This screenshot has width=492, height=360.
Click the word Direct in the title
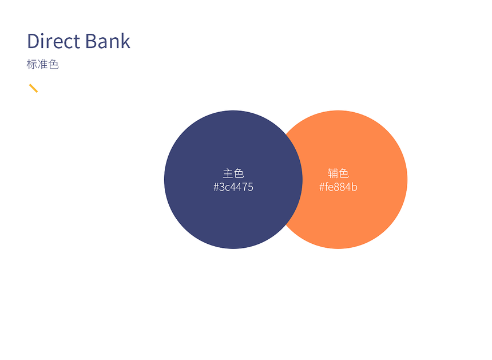pyautogui.click(x=54, y=41)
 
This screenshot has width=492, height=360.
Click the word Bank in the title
pyautogui.click(x=108, y=41)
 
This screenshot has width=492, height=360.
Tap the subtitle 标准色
pyautogui.click(x=43, y=64)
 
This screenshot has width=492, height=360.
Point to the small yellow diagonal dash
pyautogui.click(x=33, y=88)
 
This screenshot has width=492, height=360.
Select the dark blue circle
pyautogui.click(x=233, y=180)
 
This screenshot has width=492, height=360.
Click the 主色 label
pyautogui.click(x=233, y=173)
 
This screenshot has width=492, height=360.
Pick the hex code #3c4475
pyautogui.click(x=233, y=187)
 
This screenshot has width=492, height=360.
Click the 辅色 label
pyautogui.click(x=338, y=173)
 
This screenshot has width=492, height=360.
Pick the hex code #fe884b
pyautogui.click(x=338, y=187)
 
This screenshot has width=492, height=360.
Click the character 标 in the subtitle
pyautogui.click(x=31, y=64)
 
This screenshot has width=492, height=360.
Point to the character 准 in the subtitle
pyautogui.click(x=43, y=64)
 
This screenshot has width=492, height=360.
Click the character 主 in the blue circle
pyautogui.click(x=228, y=173)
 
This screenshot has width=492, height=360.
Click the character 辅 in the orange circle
pyautogui.click(x=332, y=173)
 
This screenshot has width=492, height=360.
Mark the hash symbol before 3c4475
pyautogui.click(x=216, y=187)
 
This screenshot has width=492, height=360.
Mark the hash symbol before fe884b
pyautogui.click(x=322, y=187)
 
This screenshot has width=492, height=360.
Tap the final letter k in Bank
pyautogui.click(x=126, y=41)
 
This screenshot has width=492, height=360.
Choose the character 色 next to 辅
pyautogui.click(x=344, y=173)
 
